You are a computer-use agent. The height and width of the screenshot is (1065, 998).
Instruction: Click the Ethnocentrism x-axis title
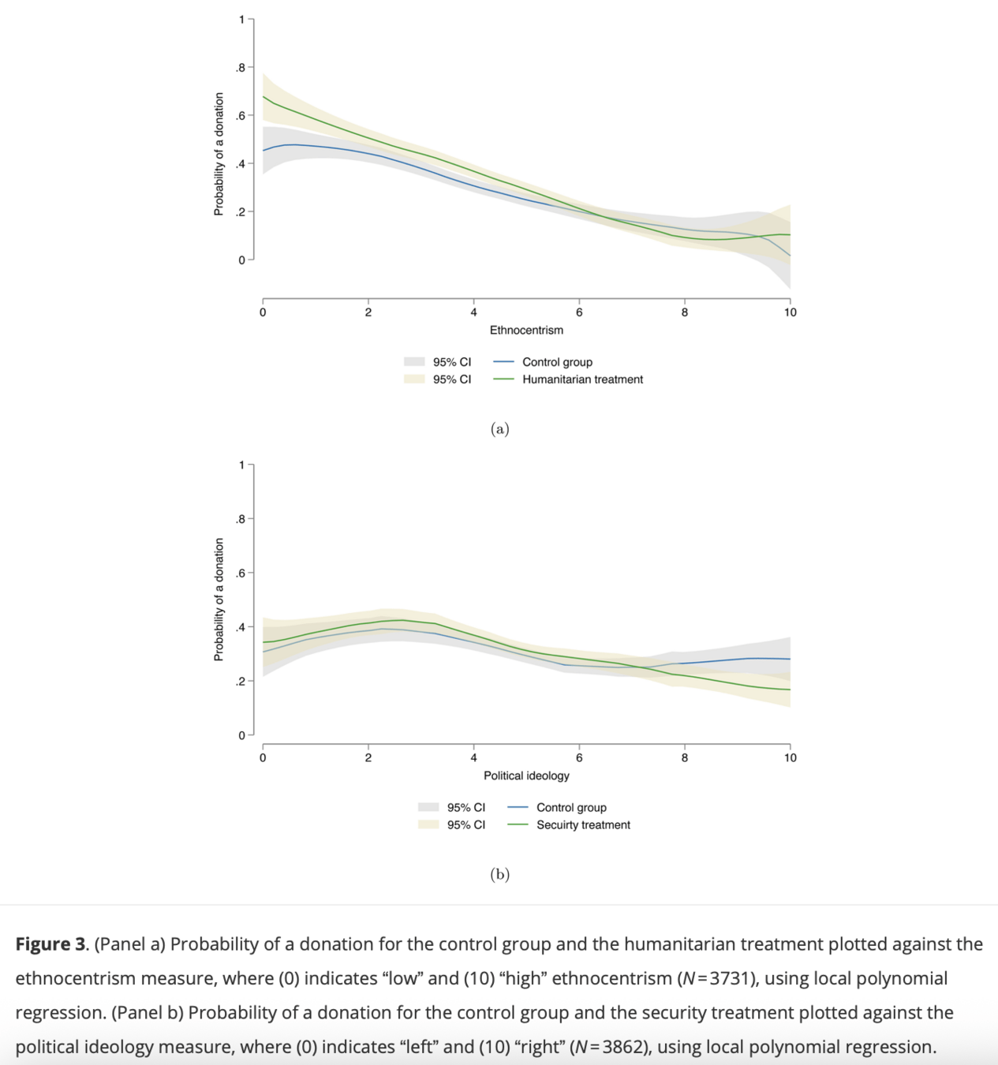pos(526,330)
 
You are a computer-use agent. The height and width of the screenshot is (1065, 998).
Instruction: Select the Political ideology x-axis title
pos(526,775)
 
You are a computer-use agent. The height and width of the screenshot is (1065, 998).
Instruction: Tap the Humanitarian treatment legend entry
pos(582,379)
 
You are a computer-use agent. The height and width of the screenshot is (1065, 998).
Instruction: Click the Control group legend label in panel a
pos(557,362)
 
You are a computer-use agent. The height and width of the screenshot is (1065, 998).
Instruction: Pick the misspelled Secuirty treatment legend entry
pos(583,825)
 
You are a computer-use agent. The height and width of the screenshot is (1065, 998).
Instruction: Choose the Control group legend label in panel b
pos(571,808)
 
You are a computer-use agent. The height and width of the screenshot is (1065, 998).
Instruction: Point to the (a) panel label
pos(499,428)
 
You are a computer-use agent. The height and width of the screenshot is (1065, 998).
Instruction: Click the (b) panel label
pos(499,874)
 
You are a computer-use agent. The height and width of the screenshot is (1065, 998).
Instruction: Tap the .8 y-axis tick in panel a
pos(241,68)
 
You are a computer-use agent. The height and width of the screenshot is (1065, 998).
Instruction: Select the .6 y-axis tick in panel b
pos(241,573)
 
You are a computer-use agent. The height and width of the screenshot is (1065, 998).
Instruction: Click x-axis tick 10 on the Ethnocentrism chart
pos(790,312)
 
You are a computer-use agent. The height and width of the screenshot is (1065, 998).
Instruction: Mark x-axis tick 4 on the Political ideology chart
pos(473,758)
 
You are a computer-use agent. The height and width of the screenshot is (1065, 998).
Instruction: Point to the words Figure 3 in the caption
pos(50,944)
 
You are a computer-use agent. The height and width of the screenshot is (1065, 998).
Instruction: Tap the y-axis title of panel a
pos(219,154)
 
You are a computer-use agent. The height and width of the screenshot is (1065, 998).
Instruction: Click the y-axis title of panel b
pos(219,600)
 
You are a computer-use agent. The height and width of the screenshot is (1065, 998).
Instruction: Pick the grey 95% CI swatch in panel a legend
pos(414,362)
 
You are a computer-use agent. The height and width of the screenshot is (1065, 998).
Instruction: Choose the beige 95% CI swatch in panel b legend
pos(428,825)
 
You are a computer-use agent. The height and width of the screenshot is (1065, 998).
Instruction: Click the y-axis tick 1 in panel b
pos(242,465)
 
